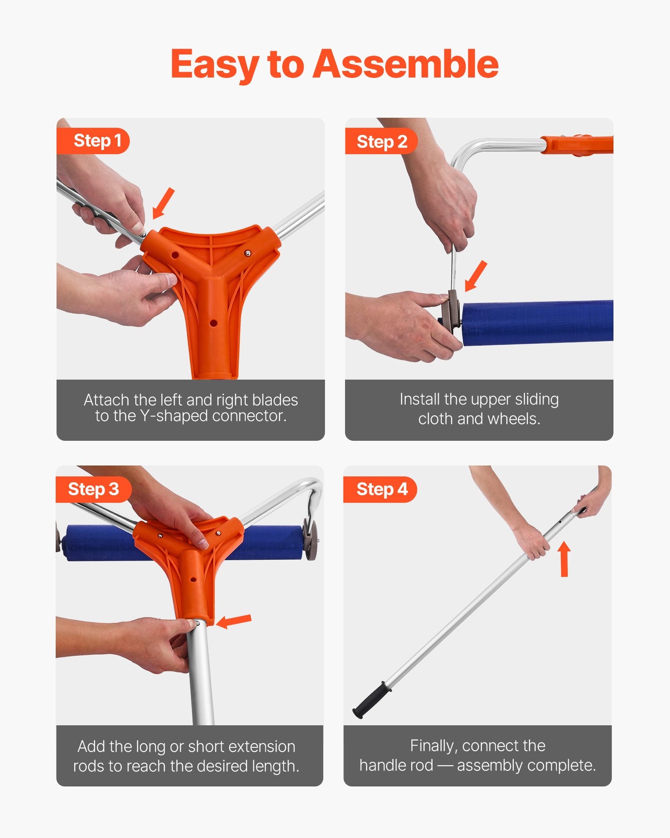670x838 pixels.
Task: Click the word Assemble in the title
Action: coord(405,64)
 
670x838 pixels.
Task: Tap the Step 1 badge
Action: coord(97,141)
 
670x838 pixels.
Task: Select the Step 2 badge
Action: coord(382,142)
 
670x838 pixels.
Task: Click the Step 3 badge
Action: coord(93,489)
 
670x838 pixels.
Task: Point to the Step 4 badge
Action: coord(382,489)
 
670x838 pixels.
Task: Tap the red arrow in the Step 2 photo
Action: coord(476,276)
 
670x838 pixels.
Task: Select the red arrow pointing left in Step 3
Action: coord(234,621)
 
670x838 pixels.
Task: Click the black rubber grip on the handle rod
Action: coord(372,700)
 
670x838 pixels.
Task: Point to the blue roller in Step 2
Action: coord(538,322)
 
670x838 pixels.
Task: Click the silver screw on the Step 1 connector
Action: coord(248,253)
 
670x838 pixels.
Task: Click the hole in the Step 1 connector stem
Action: coord(213,323)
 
